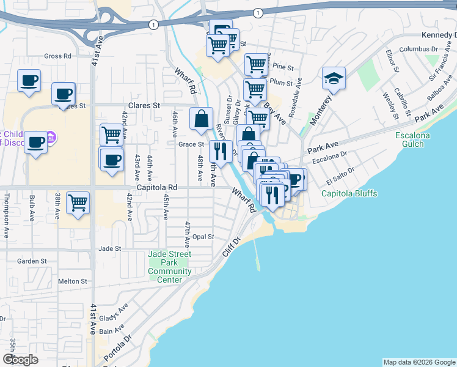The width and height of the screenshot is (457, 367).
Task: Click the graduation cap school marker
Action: pyautogui.click(x=334, y=79)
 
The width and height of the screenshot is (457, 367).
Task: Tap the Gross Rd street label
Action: pyautogui.click(x=57, y=56)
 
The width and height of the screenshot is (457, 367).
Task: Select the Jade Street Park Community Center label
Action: pyautogui.click(x=170, y=267)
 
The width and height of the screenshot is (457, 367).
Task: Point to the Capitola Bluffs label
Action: pyautogui.click(x=349, y=194)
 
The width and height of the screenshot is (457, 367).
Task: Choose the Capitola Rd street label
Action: pyautogui.click(x=157, y=187)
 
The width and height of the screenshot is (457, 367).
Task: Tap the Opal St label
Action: pyautogui.click(x=203, y=237)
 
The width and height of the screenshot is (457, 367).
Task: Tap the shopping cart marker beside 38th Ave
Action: pyautogui.click(x=78, y=202)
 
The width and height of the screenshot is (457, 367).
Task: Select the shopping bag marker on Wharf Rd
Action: pyautogui.click(x=201, y=119)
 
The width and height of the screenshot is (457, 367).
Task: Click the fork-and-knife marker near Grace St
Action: pyautogui.click(x=221, y=152)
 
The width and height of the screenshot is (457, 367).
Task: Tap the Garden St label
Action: pyautogui.click(x=32, y=261)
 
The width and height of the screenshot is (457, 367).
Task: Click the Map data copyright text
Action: pyautogui.click(x=419, y=362)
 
